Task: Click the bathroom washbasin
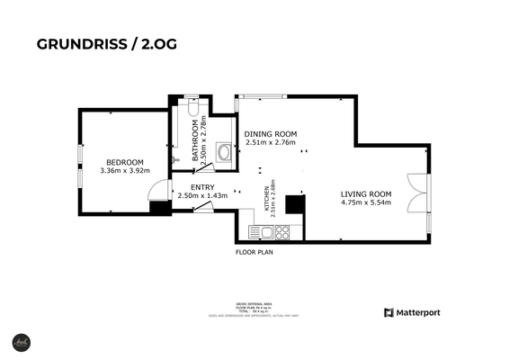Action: pyautogui.click(x=224, y=154)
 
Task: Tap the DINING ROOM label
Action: pyautogui.click(x=271, y=133)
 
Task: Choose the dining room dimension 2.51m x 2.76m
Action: pyautogui.click(x=271, y=142)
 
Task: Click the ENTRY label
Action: pyautogui.click(x=202, y=187)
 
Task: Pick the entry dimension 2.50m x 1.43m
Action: pyautogui.click(x=202, y=196)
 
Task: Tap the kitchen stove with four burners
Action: pyautogui.click(x=282, y=233)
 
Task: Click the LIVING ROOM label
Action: pyautogui.click(x=366, y=194)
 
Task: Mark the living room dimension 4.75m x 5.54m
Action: pyautogui.click(x=366, y=204)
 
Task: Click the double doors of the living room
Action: pyautogui.click(x=416, y=191)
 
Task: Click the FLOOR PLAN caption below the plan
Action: pyautogui.click(x=254, y=253)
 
